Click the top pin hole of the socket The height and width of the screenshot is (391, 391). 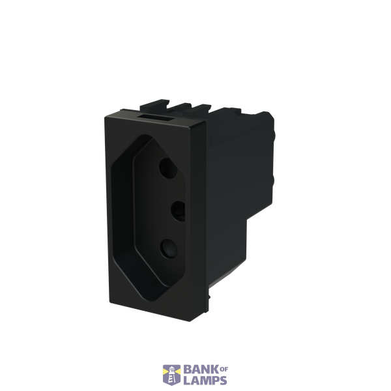click(168, 169)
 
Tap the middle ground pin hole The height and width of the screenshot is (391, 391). click(179, 211)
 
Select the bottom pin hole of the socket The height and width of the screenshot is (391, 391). click(169, 249)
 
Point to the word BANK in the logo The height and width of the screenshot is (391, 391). click(201, 369)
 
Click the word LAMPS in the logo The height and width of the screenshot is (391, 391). click(205, 381)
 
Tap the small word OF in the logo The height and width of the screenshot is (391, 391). click(224, 369)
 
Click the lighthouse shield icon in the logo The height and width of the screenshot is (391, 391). click(171, 375)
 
